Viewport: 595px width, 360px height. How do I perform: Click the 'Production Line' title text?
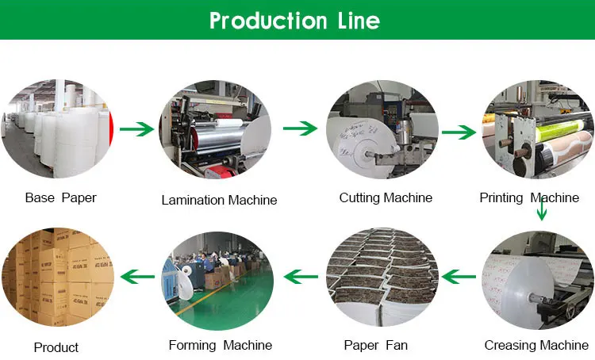coord(294,20)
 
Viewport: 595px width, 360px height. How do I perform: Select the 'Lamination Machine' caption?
coord(219,200)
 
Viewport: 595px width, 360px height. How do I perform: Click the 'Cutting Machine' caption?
coord(386,197)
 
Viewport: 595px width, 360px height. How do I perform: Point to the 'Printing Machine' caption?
coord(529,197)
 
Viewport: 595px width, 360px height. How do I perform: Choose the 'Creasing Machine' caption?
coord(536,345)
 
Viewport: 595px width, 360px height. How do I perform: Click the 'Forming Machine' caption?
coord(221,345)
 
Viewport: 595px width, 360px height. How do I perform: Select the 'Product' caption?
coord(56,347)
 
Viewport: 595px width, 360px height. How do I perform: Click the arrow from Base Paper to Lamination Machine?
coord(136,128)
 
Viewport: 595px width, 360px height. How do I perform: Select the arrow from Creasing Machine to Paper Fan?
coord(459,276)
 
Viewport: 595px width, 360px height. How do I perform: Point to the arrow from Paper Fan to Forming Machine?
coord(301,277)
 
